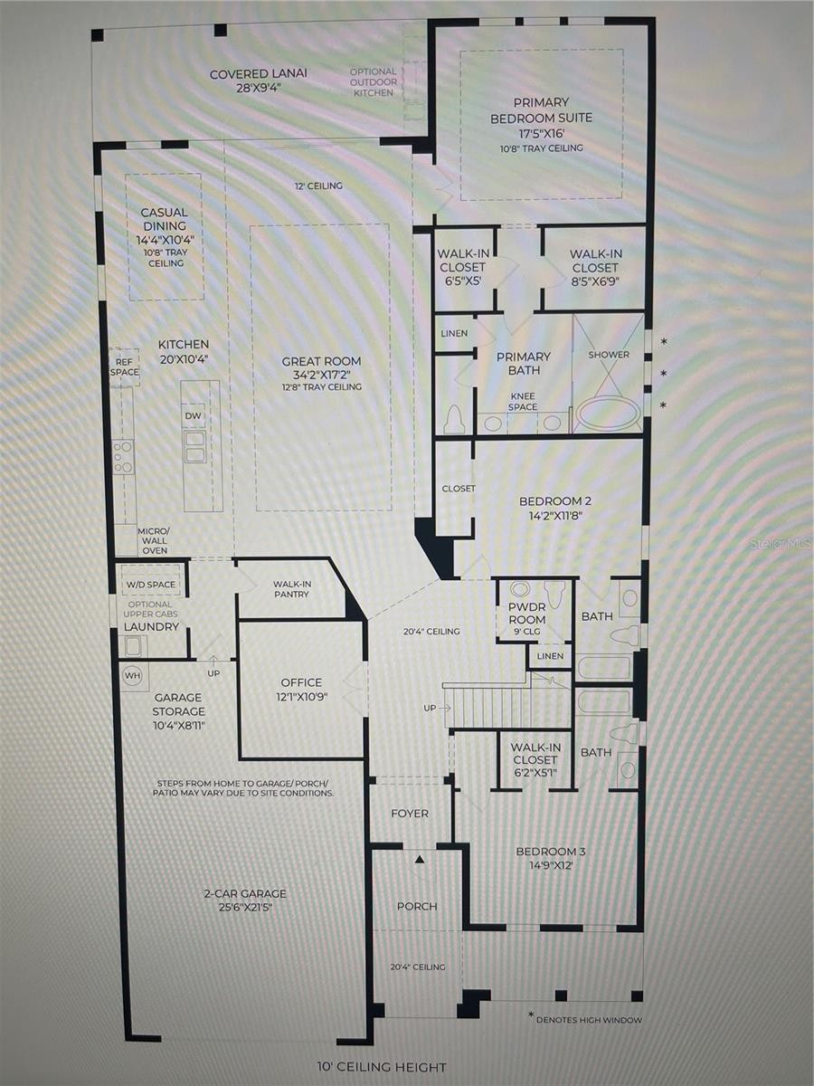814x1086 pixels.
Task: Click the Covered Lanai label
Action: pos(258,74)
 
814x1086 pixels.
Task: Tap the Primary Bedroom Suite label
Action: pos(541,110)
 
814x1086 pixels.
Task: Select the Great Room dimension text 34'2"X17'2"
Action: pos(321,375)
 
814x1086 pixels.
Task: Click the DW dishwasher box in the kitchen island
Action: pos(193,416)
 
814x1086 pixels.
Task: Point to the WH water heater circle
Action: pos(132,675)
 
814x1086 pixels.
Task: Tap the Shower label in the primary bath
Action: pos(609,355)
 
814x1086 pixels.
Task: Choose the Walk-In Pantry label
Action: pos(291,589)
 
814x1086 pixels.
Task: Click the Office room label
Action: pos(301,682)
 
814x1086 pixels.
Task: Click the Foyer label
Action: pos(410,814)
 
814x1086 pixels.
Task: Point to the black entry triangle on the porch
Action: pos(420,860)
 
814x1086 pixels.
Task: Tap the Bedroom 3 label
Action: pos(551,852)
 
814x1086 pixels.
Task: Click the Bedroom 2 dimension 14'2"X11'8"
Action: pos(555,516)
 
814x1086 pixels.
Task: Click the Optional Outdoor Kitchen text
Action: pos(374,82)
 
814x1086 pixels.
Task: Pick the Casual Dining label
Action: pos(164,219)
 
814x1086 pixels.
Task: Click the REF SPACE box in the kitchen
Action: pos(125,367)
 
